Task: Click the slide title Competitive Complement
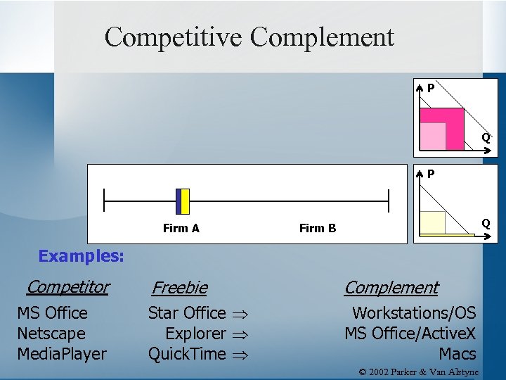[249, 37]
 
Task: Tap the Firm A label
[181, 228]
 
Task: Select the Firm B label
[318, 228]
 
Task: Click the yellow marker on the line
[185, 201]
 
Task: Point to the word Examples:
[82, 256]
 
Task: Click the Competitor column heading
[68, 287]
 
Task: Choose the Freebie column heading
[179, 288]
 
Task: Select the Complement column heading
[391, 288]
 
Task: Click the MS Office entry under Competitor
[52, 313]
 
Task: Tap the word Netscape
[51, 334]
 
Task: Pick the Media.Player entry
[62, 354]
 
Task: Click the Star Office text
[187, 313]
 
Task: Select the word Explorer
[195, 334]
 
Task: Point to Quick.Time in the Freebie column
[187, 354]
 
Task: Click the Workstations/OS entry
[414, 313]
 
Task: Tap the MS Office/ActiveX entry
[410, 334]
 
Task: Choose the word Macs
[458, 354]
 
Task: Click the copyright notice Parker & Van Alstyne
[418, 372]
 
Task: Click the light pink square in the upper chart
[434, 137]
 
